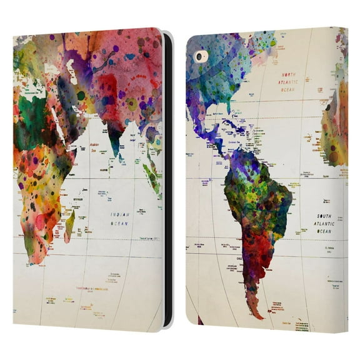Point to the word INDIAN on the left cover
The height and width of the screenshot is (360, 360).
click(119, 214)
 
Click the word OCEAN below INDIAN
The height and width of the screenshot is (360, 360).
click(120, 222)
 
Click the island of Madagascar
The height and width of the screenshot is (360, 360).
click(69, 224)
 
